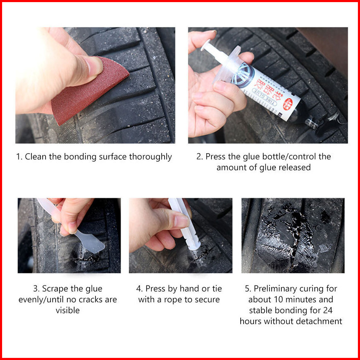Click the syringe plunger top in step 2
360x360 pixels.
point(206,45)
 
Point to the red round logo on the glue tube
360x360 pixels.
point(288,104)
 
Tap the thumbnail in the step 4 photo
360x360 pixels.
point(181,221)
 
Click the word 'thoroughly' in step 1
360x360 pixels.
point(150,157)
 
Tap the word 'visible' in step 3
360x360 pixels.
point(68,310)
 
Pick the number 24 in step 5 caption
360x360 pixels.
point(328,310)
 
